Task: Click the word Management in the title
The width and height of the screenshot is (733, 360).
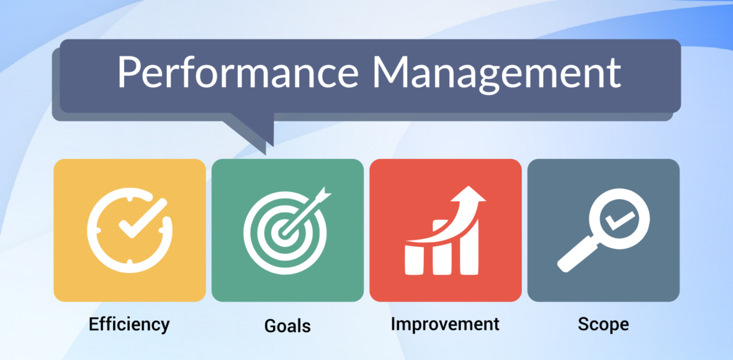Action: pos(496,73)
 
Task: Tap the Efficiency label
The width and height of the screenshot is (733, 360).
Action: pos(129,324)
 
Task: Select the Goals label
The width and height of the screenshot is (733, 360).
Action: pos(288,326)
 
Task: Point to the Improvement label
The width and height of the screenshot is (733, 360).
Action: pos(445,324)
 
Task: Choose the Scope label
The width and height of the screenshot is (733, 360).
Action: pos(603,324)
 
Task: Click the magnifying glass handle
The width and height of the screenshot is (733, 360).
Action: pos(573,258)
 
